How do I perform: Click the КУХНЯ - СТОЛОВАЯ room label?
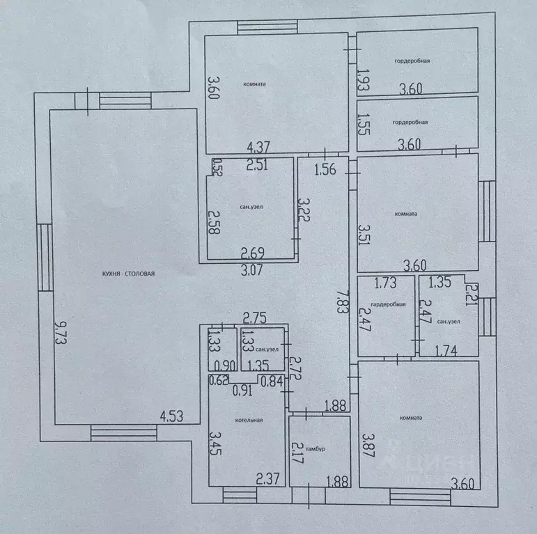124,274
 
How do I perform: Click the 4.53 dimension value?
173,417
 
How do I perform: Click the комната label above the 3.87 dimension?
412,418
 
